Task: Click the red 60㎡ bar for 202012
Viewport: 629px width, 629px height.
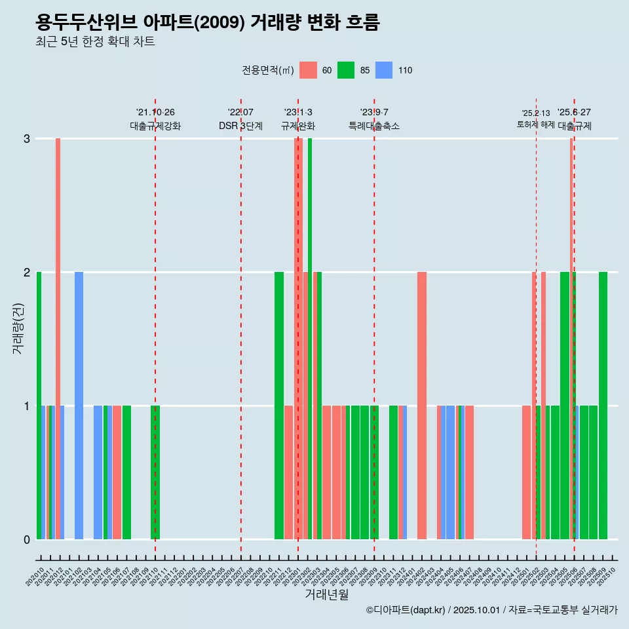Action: pos(58,328)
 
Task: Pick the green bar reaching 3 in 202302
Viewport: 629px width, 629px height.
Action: pos(310,328)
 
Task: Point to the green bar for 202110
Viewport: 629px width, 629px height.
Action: pos(155,472)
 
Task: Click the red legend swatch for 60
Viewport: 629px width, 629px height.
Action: pos(308,70)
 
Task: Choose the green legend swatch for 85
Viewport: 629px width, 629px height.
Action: pos(346,70)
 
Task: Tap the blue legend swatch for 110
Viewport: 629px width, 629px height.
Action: pos(384,70)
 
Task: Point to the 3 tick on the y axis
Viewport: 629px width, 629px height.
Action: pos(27,139)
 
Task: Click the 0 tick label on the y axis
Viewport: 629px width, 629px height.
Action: pos(27,540)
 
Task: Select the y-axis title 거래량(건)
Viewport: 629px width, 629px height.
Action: pos(18,328)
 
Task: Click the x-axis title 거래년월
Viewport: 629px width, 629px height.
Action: pos(326,594)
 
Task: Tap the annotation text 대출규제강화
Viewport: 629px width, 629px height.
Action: pos(155,126)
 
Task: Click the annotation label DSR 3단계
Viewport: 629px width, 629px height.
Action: pos(240,126)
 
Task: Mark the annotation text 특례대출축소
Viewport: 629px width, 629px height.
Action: pos(374,126)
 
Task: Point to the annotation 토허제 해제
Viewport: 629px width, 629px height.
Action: pos(536,124)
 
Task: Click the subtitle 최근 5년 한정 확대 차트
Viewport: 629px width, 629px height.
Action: pos(95,42)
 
